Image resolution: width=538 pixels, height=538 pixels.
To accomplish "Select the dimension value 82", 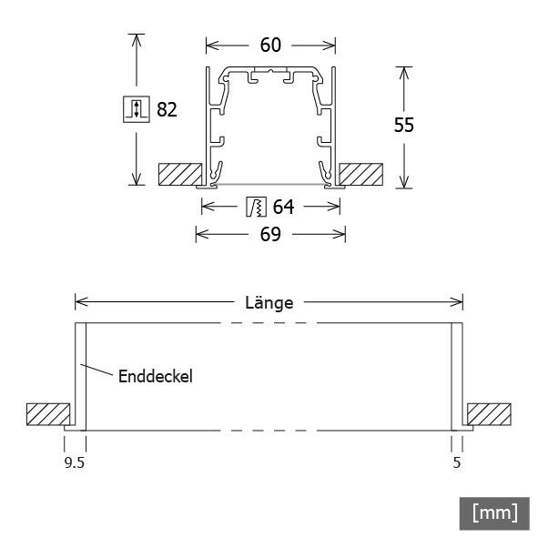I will coord(167,110).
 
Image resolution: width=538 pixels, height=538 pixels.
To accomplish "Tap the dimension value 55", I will coord(404,126).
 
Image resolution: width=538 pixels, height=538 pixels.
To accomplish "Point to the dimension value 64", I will coord(283,208).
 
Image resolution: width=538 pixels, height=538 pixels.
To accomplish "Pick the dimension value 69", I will coord(269,235).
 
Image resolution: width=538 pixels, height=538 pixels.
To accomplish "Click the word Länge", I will coord(269,303).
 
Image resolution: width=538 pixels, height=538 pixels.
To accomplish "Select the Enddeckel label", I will coord(155,375).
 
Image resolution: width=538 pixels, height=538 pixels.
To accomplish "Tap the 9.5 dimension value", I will coord(75,462).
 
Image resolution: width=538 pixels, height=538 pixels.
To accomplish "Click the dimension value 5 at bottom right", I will coord(457,462).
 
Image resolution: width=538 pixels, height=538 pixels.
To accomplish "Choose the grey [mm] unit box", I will coord(494,513).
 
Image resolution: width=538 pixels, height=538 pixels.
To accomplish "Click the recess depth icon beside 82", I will coord(135,109).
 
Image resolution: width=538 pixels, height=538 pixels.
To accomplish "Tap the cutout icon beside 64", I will coord(256,208).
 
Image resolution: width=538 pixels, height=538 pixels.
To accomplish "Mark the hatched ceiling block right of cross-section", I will coord(361,174).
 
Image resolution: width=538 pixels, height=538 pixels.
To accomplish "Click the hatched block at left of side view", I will coord(48,414).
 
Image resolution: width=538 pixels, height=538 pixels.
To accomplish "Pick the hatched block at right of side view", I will coord(489,414).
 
